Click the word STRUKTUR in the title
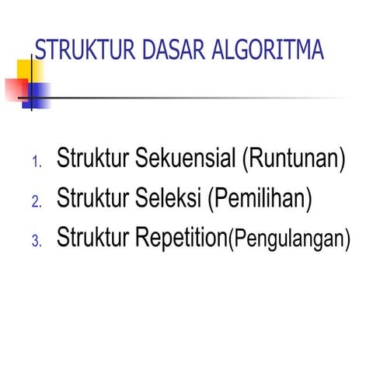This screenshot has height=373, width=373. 85,51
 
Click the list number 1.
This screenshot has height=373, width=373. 36,163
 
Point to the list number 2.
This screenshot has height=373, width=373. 36,202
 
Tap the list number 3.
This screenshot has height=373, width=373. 36,241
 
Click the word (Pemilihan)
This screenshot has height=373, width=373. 260,198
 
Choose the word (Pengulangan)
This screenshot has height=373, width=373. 288,239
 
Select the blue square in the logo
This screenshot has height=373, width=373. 39,94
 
